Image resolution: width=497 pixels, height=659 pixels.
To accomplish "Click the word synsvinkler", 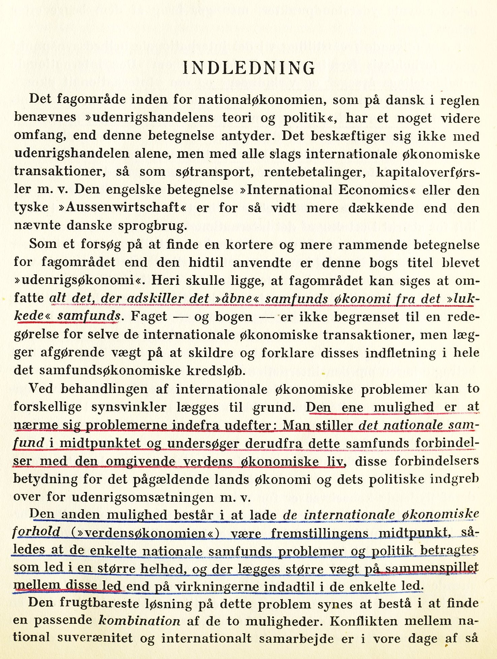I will pos(129,407).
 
